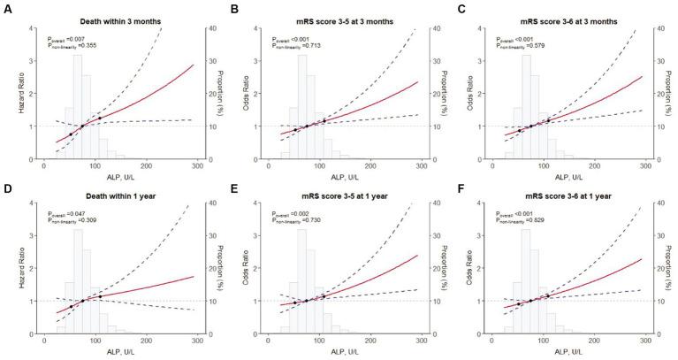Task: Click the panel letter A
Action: coord(5,7)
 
